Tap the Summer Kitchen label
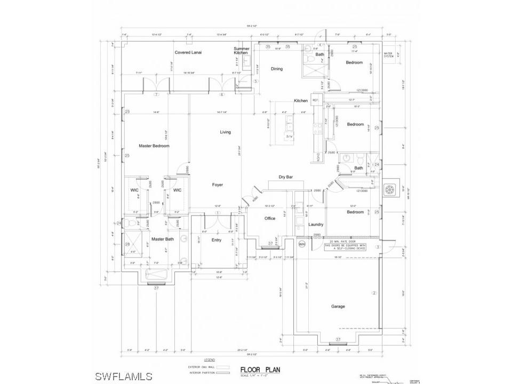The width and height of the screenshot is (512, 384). click(241, 51)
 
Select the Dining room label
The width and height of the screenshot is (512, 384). click(277, 69)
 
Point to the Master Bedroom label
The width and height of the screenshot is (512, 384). click(154, 146)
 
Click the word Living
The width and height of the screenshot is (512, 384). click(226, 132)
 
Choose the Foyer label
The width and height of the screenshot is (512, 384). click(218, 185)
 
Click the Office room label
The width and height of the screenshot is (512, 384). click(270, 218)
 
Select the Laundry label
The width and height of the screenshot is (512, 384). click(316, 225)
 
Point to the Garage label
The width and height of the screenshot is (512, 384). click(338, 306)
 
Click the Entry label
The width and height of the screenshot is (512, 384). click(217, 240)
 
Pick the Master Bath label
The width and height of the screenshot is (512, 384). click(162, 239)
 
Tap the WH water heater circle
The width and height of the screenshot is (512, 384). click(301, 244)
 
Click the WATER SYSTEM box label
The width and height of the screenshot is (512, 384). click(389, 54)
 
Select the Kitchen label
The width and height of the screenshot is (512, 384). click(301, 101)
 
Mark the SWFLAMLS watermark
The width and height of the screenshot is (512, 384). click(124, 376)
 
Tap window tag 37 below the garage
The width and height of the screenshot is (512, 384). click(338, 339)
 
